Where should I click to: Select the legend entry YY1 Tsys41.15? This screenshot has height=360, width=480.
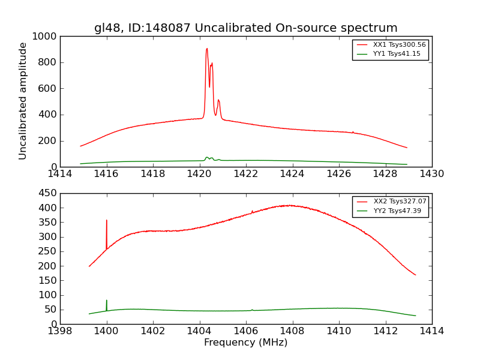(x=397, y=54)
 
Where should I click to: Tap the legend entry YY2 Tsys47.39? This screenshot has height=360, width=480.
(x=397, y=211)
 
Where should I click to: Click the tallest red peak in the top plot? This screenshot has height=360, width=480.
(x=207, y=49)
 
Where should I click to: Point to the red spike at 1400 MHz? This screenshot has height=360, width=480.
(x=107, y=221)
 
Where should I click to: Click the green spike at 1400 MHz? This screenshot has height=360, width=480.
(x=107, y=301)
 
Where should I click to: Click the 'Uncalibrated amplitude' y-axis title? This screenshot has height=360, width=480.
(x=23, y=101)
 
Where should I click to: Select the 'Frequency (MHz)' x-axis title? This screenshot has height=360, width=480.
(x=245, y=343)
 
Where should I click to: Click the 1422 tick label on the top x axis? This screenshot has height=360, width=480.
(x=246, y=174)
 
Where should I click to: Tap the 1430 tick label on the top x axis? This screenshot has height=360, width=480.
(x=431, y=174)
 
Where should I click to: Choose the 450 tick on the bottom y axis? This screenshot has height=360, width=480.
(x=49, y=193)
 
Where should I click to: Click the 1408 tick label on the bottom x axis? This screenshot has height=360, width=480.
(x=292, y=331)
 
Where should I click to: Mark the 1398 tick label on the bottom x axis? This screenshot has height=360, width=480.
(x=60, y=331)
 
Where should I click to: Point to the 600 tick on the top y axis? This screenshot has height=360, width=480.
(x=49, y=89)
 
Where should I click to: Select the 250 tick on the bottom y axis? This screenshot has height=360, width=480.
(x=49, y=251)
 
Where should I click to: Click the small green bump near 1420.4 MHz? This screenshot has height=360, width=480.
(x=207, y=157)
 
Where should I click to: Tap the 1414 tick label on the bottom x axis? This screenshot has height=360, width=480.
(x=431, y=331)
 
